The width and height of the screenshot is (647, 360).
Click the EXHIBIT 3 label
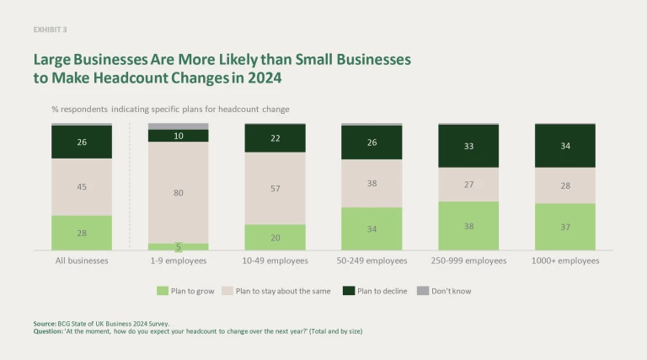click(50, 30)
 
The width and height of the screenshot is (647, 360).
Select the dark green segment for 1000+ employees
click(565, 145)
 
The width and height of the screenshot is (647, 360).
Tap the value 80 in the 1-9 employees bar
click(179, 192)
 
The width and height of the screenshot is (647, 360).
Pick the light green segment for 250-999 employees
click(468, 225)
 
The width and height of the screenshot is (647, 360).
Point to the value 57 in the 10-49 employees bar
click(275, 188)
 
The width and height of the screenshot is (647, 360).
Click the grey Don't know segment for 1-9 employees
click(179, 126)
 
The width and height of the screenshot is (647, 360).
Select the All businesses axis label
click(82, 261)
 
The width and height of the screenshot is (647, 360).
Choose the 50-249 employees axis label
click(372, 261)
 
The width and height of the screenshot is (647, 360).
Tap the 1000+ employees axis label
click(565, 261)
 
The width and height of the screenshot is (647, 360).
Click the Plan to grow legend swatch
click(163, 291)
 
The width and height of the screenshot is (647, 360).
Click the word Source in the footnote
click(45, 323)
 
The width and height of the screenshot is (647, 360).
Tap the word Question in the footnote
click(48, 331)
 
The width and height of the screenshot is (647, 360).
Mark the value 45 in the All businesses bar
click(82, 187)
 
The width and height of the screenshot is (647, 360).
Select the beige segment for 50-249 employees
click(372, 183)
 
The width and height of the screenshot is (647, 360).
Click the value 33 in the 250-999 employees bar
click(468, 146)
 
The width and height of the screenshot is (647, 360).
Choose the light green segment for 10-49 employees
click(275, 237)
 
